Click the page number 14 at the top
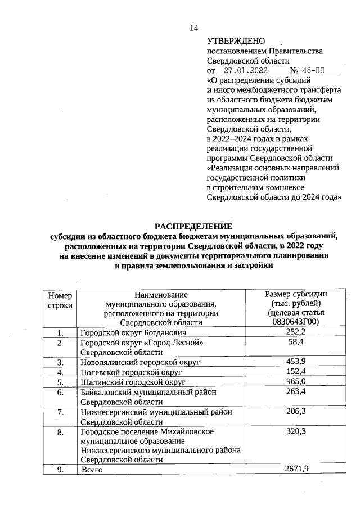(x=194, y=28)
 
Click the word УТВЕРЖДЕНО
(x=236, y=41)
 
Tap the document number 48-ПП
(x=313, y=71)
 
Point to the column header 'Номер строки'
(x=60, y=300)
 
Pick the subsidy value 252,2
(x=296, y=332)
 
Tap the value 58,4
(x=296, y=342)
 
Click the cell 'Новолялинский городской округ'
(x=140, y=362)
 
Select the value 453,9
(x=296, y=361)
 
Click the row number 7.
(x=60, y=412)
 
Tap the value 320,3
(x=296, y=432)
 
